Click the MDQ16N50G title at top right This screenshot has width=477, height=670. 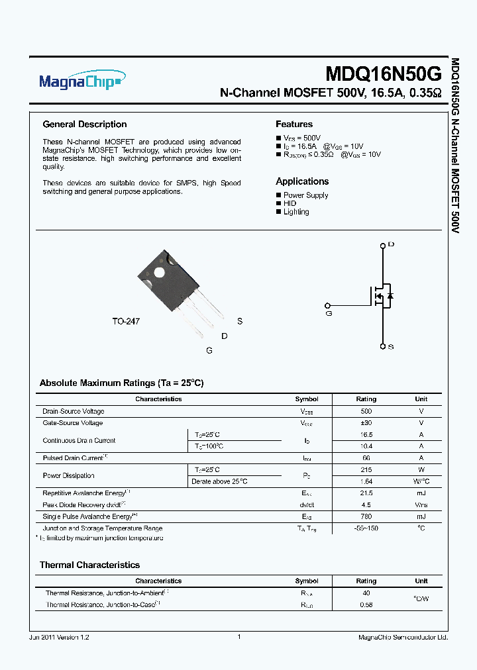pyautogui.click(x=383, y=73)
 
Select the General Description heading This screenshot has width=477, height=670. pyautogui.click(x=84, y=124)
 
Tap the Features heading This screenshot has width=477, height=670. pyautogui.click(x=293, y=124)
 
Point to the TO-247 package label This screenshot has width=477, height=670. pyautogui.click(x=125, y=321)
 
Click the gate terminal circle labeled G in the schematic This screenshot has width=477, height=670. pyautogui.click(x=327, y=305)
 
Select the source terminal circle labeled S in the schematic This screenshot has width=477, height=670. pyautogui.click(x=382, y=346)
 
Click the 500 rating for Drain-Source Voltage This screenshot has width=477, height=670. pyautogui.click(x=366, y=411)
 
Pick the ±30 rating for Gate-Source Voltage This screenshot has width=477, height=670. pyautogui.click(x=366, y=423)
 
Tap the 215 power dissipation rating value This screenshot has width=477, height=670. pyautogui.click(x=366, y=470)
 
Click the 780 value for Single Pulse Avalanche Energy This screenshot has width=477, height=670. pyautogui.click(x=366, y=516)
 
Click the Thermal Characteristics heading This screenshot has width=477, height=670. pyautogui.click(x=89, y=565)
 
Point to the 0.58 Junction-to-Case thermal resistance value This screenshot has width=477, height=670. pyautogui.click(x=366, y=604)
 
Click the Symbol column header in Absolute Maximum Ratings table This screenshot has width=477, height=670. pyautogui.click(x=307, y=399)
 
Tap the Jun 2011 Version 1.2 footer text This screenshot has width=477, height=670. pyautogui.click(x=59, y=637)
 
